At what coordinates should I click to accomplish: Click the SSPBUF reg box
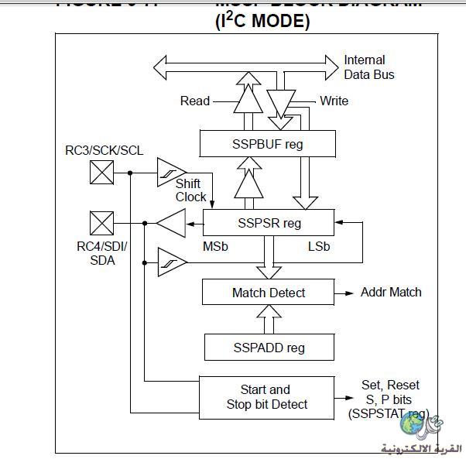pos(268,143)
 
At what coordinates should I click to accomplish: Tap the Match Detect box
pos(268,292)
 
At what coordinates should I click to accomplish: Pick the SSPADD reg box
pos(269,347)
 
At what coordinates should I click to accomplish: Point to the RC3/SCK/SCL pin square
pos(101,172)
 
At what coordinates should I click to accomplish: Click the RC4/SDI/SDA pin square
pos(101,223)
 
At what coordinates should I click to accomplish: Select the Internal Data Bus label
pos(368,67)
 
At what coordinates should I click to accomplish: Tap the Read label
pos(195,101)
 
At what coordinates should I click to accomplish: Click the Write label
pos(334,101)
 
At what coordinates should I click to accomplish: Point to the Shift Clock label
pos(190,190)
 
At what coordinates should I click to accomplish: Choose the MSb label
pos(214,246)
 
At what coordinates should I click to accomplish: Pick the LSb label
pos(318,246)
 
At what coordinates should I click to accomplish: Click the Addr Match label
pos(391,292)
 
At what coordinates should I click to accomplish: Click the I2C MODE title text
pos(262,21)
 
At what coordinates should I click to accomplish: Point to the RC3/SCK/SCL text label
pos(104,150)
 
